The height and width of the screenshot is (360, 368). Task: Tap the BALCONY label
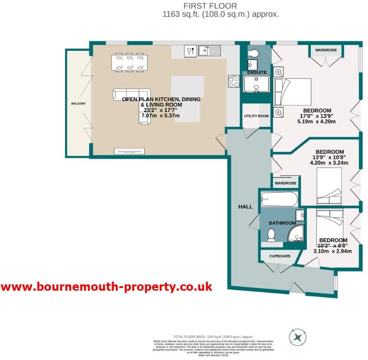coord(78,103)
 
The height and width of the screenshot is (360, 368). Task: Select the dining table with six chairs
coord(130,62)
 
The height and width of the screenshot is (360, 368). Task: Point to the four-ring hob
coord(234,81)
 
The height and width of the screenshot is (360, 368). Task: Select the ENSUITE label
coord(256,72)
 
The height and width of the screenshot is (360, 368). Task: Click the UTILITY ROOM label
coord(256,116)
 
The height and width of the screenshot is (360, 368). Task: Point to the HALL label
coord(245,207)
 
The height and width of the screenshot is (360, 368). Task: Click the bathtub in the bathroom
coord(279,198)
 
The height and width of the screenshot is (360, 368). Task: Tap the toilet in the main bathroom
coord(271,234)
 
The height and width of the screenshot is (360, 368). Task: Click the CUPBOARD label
coord(279,256)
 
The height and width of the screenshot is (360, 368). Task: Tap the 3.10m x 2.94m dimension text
coord(332,252)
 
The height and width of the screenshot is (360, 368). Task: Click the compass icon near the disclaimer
coord(297,337)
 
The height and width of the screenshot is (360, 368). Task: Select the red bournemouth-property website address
coord(106,287)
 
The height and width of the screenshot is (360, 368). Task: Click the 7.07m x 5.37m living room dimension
coord(160,116)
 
